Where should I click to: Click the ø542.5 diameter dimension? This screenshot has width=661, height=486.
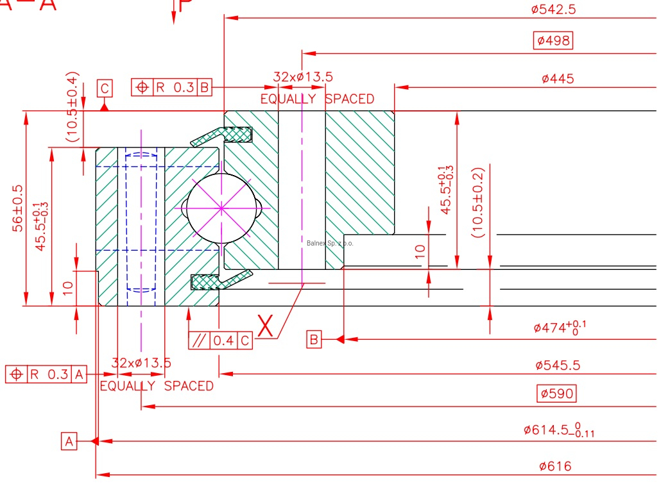click(x=553, y=9)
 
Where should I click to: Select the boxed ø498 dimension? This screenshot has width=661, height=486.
click(x=553, y=41)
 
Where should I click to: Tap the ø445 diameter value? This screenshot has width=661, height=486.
click(x=557, y=79)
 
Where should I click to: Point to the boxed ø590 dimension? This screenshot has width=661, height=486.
click(x=556, y=393)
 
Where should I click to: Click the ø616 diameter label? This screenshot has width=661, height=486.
click(x=555, y=466)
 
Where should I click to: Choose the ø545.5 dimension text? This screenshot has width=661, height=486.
click(x=558, y=365)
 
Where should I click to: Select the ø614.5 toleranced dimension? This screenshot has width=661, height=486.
click(x=559, y=430)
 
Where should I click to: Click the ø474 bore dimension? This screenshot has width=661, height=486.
click(x=560, y=328)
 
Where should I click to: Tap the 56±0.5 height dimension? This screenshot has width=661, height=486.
click(x=19, y=208)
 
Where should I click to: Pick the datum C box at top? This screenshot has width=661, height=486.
click(x=105, y=88)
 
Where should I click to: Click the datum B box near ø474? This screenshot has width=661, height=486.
click(x=314, y=339)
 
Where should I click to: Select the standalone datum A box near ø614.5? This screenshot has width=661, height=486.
click(x=69, y=441)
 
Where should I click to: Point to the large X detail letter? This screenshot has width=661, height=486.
click(x=266, y=326)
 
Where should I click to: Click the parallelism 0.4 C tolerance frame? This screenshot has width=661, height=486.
click(x=221, y=341)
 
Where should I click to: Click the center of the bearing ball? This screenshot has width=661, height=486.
click(x=220, y=208)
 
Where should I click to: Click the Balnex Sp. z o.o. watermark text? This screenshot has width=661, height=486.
click(x=330, y=243)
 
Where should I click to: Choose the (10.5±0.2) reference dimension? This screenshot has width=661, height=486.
click(x=477, y=203)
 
